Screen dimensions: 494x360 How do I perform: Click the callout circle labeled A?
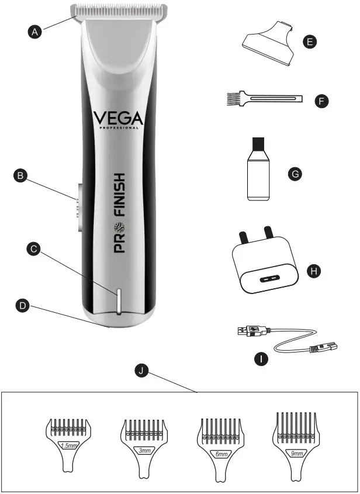[36, 33]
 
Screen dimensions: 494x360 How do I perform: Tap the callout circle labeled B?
[20, 174]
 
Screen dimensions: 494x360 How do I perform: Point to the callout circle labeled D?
[22, 305]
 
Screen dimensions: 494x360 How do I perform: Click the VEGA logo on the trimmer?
[117, 120]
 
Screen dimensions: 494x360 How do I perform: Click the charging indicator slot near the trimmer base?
[117, 301]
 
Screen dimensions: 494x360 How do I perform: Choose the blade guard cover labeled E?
[270, 44]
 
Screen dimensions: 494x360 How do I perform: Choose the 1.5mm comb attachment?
[69, 442]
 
